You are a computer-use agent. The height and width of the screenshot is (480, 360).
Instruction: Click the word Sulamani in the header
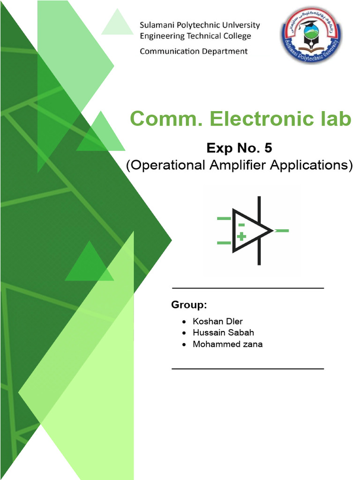click(158, 25)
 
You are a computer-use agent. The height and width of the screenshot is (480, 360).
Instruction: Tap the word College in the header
click(236, 36)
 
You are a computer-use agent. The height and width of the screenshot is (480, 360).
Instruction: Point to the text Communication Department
click(194, 51)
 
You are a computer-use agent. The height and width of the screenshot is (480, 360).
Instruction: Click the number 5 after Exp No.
click(268, 148)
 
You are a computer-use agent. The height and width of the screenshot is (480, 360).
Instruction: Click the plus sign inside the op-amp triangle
click(241, 236)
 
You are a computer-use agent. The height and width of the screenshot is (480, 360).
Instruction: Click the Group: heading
click(189, 305)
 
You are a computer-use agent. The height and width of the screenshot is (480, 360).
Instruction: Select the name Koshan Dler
click(217, 322)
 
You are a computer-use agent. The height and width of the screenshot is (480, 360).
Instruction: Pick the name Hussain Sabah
click(223, 333)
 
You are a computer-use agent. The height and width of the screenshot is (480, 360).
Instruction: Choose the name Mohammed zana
click(227, 345)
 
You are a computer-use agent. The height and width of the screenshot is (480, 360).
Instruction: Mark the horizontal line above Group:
click(248, 288)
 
